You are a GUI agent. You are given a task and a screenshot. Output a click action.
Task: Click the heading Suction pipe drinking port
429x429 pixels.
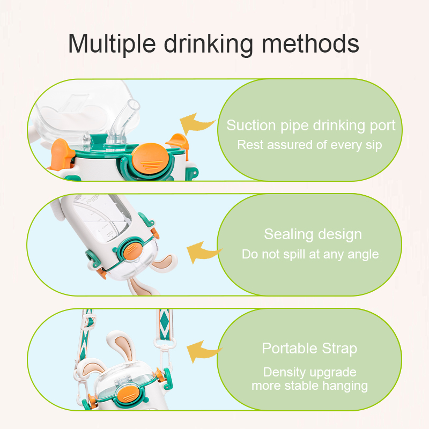(x=310, y=125)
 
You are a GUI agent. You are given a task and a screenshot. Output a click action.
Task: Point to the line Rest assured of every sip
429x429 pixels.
(x=309, y=145)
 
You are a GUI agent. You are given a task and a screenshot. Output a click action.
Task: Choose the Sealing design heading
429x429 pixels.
(x=313, y=234)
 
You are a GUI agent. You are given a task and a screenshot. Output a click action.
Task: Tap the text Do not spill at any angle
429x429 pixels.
(x=310, y=254)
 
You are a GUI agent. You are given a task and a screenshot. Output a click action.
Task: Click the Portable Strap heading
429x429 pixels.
(x=309, y=349)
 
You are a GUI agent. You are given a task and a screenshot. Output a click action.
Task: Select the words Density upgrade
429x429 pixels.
(x=309, y=372)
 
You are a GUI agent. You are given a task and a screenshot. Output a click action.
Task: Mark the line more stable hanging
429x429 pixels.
(x=309, y=385)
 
